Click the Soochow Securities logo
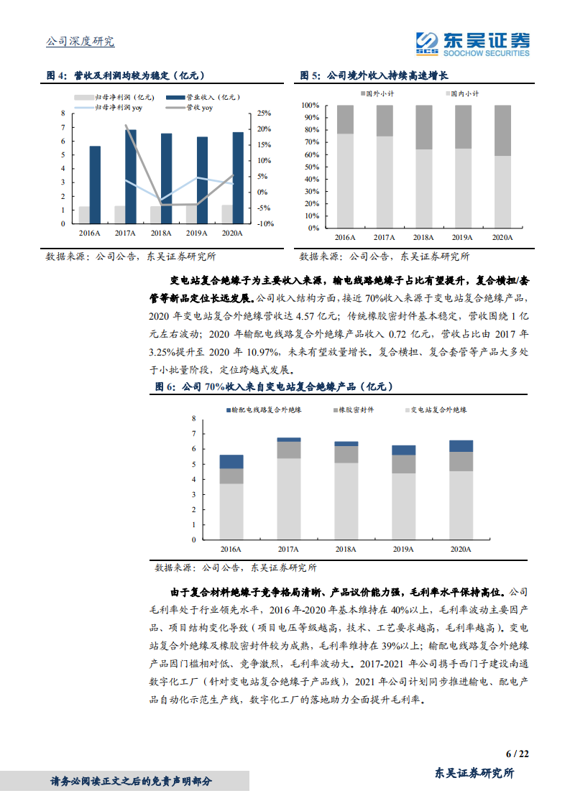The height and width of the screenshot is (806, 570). (x=473, y=45)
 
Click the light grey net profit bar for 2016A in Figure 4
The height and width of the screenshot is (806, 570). (x=84, y=215)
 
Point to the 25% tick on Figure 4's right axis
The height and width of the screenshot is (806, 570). (x=263, y=114)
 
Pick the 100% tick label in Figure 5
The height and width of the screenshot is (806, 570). (x=311, y=106)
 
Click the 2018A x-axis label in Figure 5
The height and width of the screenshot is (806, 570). (x=423, y=237)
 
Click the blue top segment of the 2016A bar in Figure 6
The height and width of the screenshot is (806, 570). (x=231, y=461)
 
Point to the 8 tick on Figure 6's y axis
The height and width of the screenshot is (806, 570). (x=193, y=419)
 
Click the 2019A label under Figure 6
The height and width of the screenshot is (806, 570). (x=403, y=550)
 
